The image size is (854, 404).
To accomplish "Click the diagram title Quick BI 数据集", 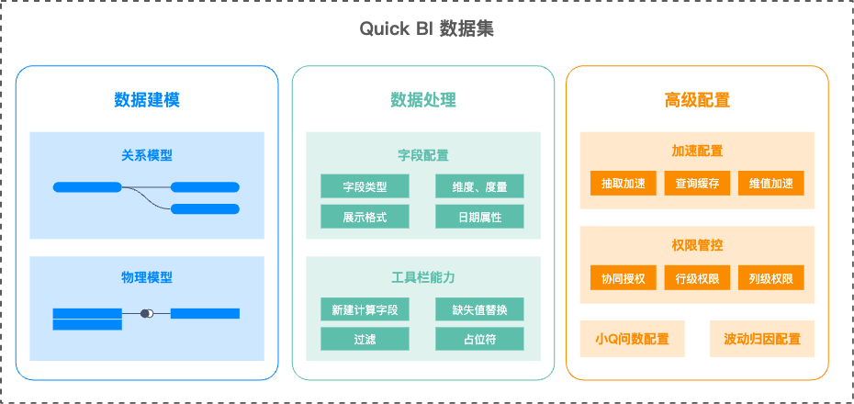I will pyautogui.click(x=426, y=29).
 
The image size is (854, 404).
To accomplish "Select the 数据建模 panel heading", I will pyautogui.click(x=147, y=99).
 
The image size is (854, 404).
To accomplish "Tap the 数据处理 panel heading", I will pyautogui.click(x=422, y=99).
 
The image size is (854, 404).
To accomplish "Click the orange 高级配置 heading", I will pyautogui.click(x=697, y=99).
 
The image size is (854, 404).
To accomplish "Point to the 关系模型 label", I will pyautogui.click(x=147, y=154).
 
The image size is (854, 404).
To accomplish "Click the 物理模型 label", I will pyautogui.click(x=147, y=276).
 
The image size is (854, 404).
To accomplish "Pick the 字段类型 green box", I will pyautogui.click(x=365, y=186).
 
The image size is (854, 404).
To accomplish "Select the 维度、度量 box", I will pyautogui.click(x=479, y=186).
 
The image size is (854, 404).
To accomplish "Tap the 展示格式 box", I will pyautogui.click(x=365, y=217).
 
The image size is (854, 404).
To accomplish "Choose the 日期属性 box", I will pyautogui.click(x=479, y=217).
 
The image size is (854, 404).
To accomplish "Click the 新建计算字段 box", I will pyautogui.click(x=365, y=309).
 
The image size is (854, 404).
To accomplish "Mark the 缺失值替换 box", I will pyautogui.click(x=479, y=309).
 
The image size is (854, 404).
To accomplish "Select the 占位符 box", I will pyautogui.click(x=479, y=339).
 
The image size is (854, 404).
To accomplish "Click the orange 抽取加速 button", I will pyautogui.click(x=624, y=183).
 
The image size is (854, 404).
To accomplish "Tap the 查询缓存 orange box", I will pyautogui.click(x=697, y=183).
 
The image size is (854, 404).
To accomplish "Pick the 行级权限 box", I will pyautogui.click(x=697, y=278).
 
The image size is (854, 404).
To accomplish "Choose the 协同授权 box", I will pyautogui.click(x=624, y=278).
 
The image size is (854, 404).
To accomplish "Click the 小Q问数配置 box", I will pyautogui.click(x=632, y=339).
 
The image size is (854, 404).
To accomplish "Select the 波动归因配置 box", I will pyautogui.click(x=762, y=339).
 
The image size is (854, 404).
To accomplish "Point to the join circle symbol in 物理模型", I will pyautogui.click(x=146, y=314).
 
